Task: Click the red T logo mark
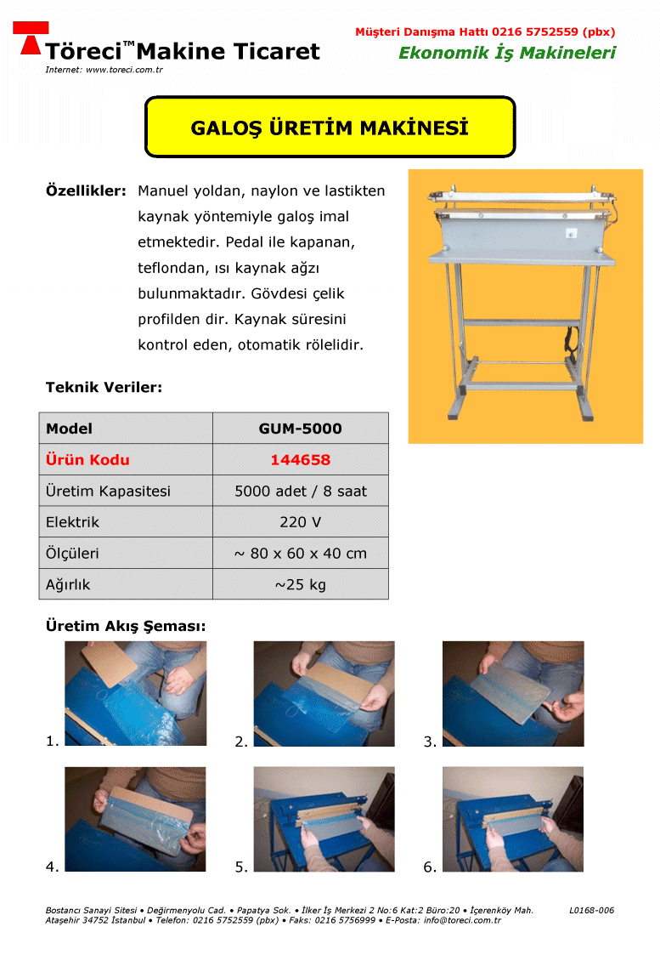coord(31,37)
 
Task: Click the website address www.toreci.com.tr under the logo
coord(124,70)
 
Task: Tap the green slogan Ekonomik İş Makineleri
coord(507,53)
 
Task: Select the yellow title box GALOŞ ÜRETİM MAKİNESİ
coord(330,127)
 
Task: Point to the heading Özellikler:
coord(86,190)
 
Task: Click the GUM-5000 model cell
coord(301,428)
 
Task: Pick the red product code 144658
coord(301,460)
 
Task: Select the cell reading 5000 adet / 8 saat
coord(301,491)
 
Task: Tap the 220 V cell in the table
coord(301,522)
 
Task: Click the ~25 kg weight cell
coord(301,585)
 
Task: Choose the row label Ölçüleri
coord(72,553)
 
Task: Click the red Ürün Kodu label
coord(87,460)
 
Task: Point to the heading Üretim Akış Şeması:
coord(126,626)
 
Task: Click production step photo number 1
coord(136,693)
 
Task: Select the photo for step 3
coord(513,694)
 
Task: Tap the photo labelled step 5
coord(324,819)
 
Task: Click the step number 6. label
coord(430,867)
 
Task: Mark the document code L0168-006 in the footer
coord(591,911)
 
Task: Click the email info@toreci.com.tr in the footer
coord(462,920)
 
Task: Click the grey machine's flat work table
coord(522,259)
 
